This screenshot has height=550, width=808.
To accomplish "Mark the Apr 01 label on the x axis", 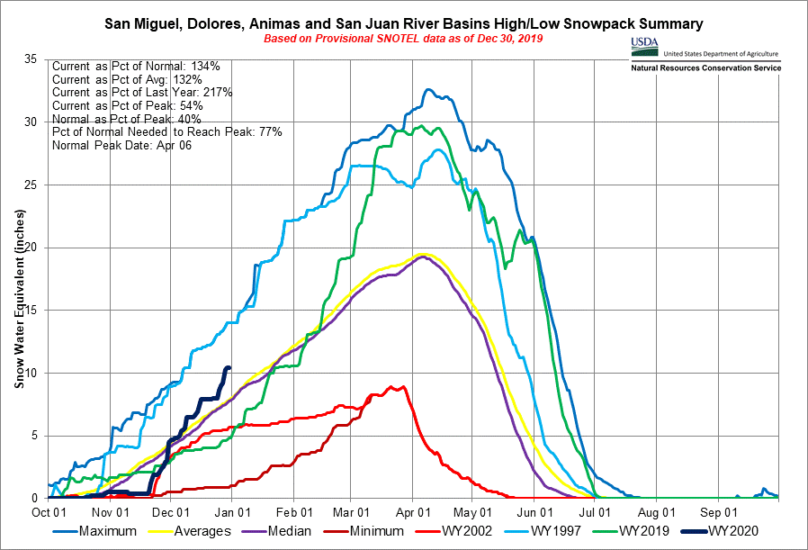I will tap(413, 509).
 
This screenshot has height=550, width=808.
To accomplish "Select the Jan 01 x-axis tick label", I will tap(233, 509).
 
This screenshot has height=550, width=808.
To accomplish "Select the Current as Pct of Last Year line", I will tap(143, 93).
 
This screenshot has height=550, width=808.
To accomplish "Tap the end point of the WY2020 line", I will tap(229, 367).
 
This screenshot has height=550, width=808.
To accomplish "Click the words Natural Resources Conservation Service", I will tap(705, 68).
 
